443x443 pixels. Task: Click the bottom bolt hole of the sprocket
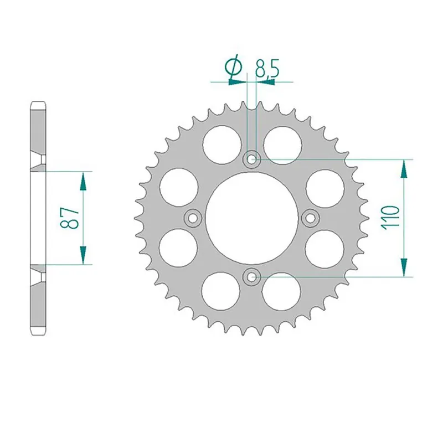point(253,275)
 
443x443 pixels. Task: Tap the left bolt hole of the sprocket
point(193,218)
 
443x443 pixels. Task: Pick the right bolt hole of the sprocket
point(311,218)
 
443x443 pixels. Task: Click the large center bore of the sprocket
point(252,218)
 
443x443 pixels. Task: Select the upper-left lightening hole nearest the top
point(221,142)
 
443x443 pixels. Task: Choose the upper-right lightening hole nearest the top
point(282,142)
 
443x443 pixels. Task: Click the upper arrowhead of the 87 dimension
point(83,181)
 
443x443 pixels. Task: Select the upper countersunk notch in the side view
point(41,160)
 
